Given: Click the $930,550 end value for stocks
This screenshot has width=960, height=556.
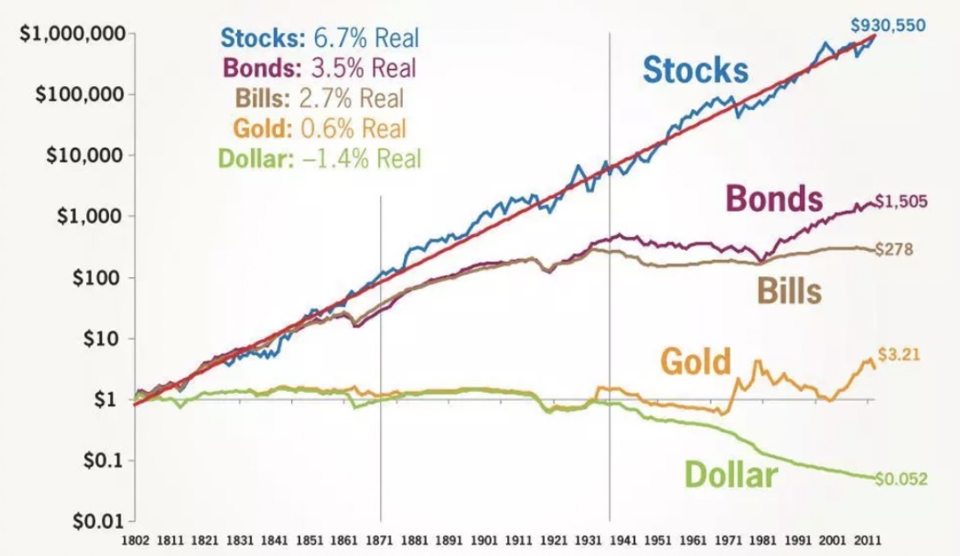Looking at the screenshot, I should [x=888, y=25].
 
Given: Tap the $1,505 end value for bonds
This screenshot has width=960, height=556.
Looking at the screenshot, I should [x=901, y=203].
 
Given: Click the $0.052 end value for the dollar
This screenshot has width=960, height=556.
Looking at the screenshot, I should [x=901, y=479].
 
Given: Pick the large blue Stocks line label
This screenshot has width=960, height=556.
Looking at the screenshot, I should [x=695, y=70].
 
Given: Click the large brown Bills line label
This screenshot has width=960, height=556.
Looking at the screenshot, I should [x=787, y=290].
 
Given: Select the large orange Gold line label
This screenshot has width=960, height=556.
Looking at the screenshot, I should [x=694, y=361].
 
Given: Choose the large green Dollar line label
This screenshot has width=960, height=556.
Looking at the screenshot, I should [x=729, y=473].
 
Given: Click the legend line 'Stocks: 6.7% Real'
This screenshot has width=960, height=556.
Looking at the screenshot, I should [x=319, y=38].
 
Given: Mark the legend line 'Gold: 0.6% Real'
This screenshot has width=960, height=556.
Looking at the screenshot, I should [x=319, y=128].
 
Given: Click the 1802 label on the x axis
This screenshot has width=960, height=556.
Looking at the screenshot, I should [x=135, y=541].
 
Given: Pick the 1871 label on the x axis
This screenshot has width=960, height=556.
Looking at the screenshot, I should [x=380, y=541].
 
